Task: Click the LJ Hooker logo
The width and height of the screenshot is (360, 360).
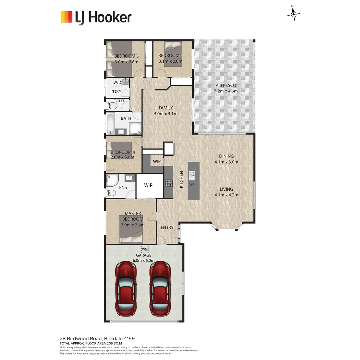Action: pos(96,17)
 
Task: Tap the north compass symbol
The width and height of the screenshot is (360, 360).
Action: pos(293,14)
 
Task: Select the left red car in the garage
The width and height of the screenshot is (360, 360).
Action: pos(126,289)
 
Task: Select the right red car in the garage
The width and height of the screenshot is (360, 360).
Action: pos(160,289)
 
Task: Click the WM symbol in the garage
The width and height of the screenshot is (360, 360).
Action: pos(145,249)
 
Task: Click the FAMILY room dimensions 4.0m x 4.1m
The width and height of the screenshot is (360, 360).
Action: pos(166,114)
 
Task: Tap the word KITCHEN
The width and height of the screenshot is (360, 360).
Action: pos(181,179)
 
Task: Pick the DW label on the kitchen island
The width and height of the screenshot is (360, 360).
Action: pos(191,184)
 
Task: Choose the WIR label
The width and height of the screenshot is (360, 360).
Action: pos(148,185)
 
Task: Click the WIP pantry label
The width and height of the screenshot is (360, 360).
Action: pos(157,162)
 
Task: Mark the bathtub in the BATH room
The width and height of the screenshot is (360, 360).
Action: pos(110,123)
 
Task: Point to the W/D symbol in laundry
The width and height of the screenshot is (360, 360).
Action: pos(117,82)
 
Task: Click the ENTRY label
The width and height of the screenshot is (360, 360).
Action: pos(167,227)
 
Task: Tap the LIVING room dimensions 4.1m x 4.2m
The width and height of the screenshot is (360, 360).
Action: pos(226,195)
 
